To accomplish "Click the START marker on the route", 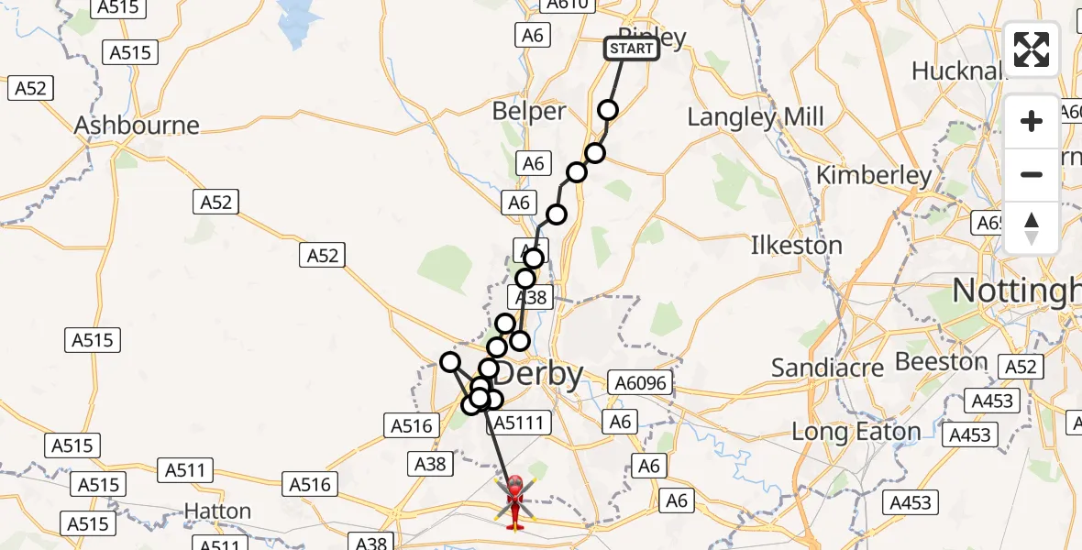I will pyautogui.click(x=632, y=49).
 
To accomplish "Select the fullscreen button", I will pyautogui.click(x=1032, y=49).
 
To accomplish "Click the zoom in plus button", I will pyautogui.click(x=1032, y=121).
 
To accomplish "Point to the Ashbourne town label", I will pyautogui.click(x=137, y=126).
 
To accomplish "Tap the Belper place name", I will pyautogui.click(x=529, y=112).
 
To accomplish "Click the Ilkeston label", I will pyautogui.click(x=796, y=246).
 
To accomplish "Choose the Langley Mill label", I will pyautogui.click(x=756, y=117).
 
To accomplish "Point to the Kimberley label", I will pyautogui.click(x=874, y=175).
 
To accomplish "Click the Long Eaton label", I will pyautogui.click(x=856, y=432).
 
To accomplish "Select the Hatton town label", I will pyautogui.click(x=217, y=511).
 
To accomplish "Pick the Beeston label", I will pyautogui.click(x=940, y=362).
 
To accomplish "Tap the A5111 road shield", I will pyautogui.click(x=519, y=423).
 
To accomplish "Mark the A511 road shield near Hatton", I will pyautogui.click(x=185, y=471).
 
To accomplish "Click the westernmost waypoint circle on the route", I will pyautogui.click(x=449, y=362).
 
